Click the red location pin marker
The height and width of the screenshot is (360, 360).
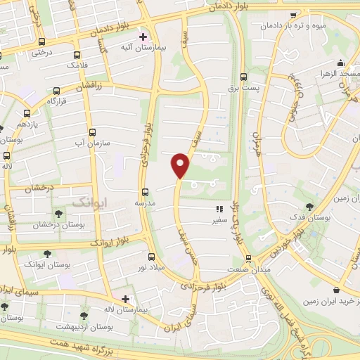tap(181, 165)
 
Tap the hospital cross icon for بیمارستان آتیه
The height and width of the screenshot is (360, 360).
tap(143, 36)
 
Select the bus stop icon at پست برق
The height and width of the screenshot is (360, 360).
tap(244, 77)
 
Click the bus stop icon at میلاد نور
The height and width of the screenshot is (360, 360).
tap(151, 257)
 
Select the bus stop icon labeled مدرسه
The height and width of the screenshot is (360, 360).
tap(146, 191)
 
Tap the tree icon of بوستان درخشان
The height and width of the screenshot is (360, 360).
tap(58, 214)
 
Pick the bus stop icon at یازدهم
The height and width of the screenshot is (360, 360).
tap(27, 113)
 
